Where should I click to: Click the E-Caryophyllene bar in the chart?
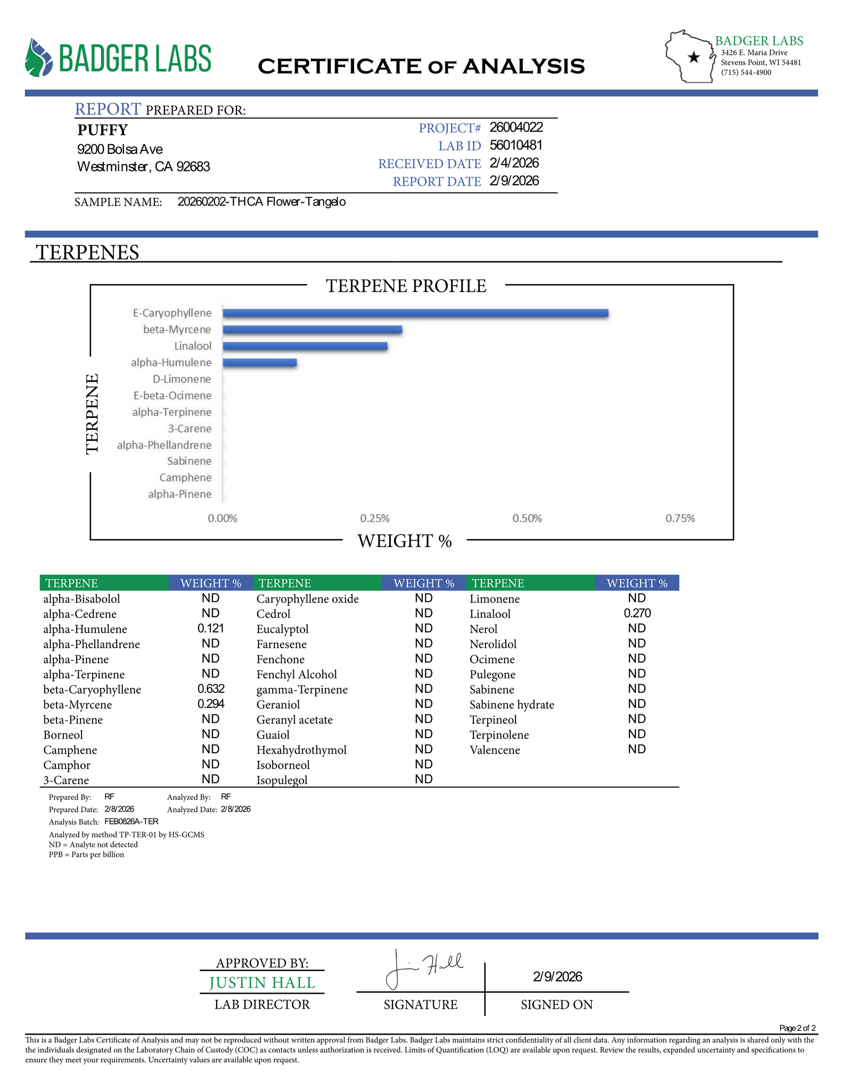415,313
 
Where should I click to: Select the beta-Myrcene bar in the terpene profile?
312,329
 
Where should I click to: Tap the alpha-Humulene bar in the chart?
259,362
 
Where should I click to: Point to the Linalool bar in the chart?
305,346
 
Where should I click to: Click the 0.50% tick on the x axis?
527,518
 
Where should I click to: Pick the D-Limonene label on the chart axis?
182,379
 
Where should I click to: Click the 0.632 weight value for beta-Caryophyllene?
211,689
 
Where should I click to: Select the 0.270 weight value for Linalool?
637,613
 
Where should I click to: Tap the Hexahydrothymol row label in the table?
301,750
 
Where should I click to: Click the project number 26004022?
516,127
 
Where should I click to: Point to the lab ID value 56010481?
516,145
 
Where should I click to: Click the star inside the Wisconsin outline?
693,57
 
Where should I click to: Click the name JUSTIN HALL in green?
262,982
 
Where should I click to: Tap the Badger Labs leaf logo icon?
39,57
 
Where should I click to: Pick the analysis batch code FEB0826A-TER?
132,821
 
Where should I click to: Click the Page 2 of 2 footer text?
797,1028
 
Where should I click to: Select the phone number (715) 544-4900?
746,72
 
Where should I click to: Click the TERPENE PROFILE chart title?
406,286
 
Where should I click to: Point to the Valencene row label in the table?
495,750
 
